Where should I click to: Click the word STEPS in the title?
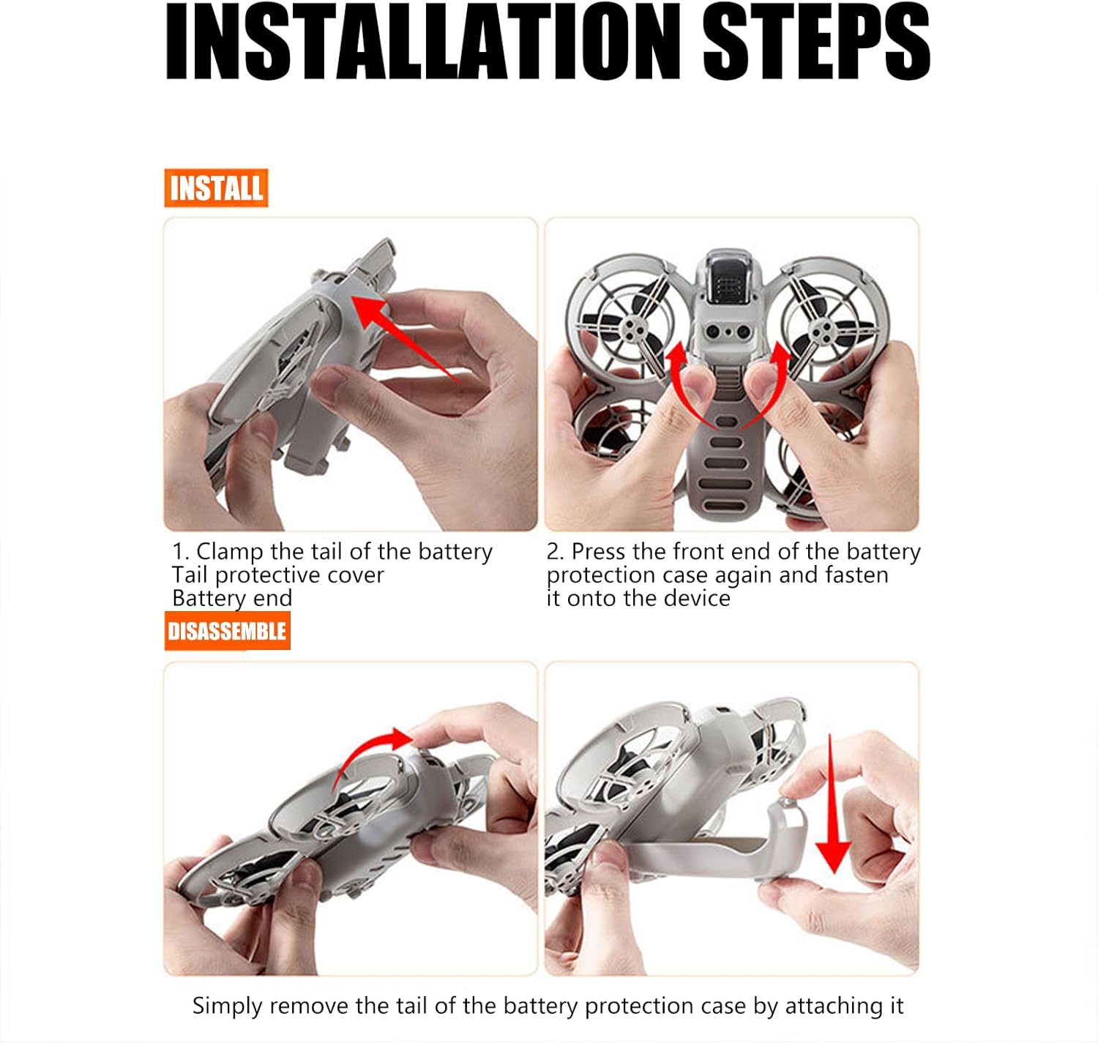pos(816,42)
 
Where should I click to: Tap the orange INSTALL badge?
pos(216,187)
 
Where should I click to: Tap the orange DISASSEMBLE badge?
pos(228,631)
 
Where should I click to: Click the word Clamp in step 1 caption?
pos(230,552)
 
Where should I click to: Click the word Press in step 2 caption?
pos(598,552)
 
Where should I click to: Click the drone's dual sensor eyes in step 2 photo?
pos(727,332)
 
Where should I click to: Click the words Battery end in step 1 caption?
pos(232,598)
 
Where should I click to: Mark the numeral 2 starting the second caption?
pos(553,552)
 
